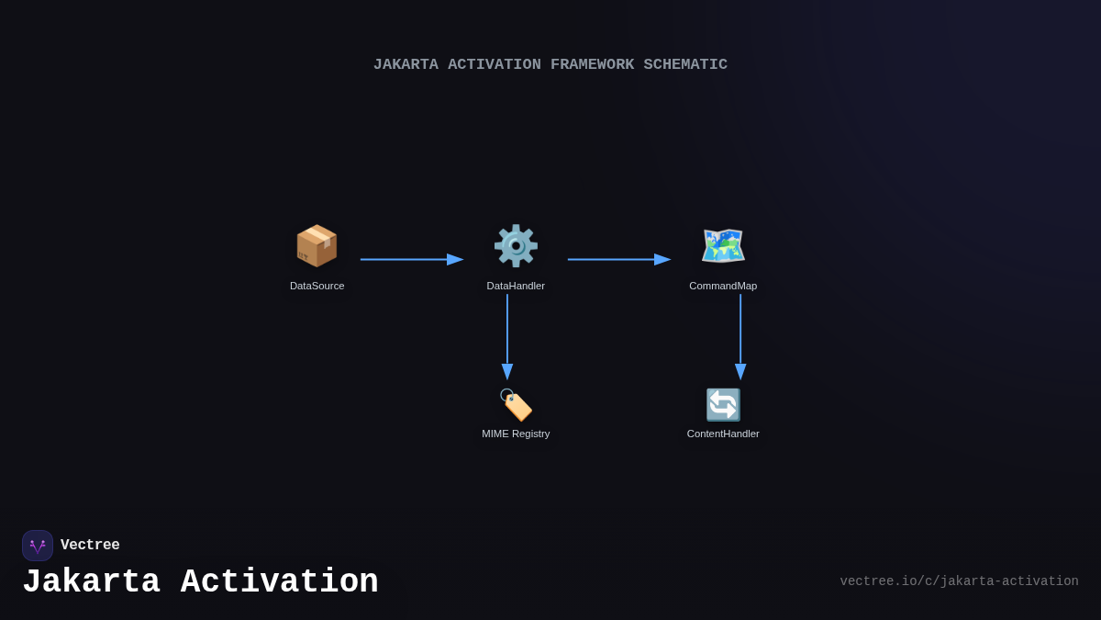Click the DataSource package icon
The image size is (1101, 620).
(x=317, y=246)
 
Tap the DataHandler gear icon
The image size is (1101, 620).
(x=516, y=246)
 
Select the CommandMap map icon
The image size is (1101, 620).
(x=723, y=246)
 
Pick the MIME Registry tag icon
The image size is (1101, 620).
(x=516, y=405)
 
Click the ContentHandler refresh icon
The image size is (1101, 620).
(x=723, y=405)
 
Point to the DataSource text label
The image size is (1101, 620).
(x=317, y=286)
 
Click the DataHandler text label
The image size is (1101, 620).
(x=516, y=286)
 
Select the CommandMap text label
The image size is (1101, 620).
(x=723, y=286)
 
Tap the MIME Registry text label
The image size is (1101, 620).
(x=516, y=434)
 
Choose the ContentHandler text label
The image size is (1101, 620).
(x=723, y=434)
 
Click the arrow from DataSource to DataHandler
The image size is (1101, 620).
(x=411, y=260)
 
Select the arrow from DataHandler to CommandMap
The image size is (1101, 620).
(x=618, y=260)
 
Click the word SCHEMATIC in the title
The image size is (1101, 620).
(x=685, y=65)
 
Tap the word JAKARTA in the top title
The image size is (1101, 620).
(x=406, y=65)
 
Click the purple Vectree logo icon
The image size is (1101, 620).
(x=38, y=546)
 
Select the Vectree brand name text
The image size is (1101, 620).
(x=90, y=546)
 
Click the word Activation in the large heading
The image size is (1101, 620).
(x=279, y=582)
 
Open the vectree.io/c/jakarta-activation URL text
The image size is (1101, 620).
(x=959, y=581)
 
